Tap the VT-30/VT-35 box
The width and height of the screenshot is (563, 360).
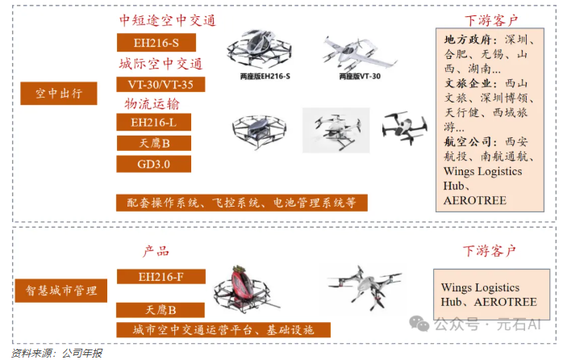coord(161,84)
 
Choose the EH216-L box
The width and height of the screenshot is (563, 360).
coord(154,123)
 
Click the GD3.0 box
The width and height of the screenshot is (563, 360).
coord(154,164)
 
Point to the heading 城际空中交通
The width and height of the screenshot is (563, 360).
coord(161,64)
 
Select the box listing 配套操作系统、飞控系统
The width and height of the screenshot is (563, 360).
coord(241,202)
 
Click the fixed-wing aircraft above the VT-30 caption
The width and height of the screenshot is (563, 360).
coord(358,52)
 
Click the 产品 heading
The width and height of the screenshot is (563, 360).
coord(156,251)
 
